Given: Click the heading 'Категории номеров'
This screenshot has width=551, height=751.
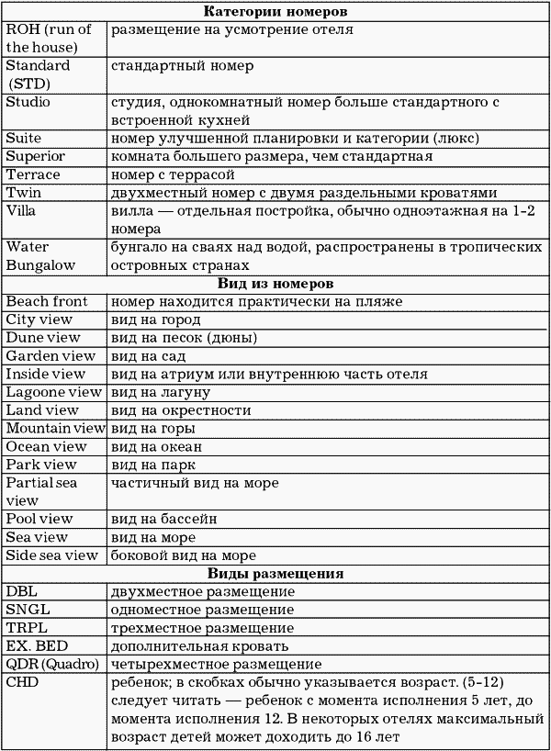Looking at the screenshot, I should [x=275, y=12].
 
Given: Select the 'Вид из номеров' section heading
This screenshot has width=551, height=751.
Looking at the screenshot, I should [x=275, y=284].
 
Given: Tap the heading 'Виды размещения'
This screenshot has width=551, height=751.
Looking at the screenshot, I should [x=275, y=574].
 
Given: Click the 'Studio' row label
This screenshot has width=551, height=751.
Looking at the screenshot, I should [x=28, y=102].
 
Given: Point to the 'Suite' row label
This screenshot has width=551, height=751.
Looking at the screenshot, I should [x=24, y=138].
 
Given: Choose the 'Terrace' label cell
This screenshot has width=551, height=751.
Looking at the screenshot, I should [x=33, y=174].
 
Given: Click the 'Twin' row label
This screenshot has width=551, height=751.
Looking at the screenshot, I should [x=23, y=192].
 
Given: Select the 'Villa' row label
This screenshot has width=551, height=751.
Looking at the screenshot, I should [x=23, y=209].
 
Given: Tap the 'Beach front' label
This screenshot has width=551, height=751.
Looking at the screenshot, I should [x=47, y=301].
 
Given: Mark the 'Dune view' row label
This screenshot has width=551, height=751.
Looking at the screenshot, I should [x=44, y=338].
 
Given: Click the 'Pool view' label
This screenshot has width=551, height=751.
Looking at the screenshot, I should [x=39, y=519].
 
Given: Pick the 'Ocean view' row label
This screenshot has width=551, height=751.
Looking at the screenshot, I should [x=46, y=446].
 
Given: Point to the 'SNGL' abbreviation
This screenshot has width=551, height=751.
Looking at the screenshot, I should [x=29, y=610].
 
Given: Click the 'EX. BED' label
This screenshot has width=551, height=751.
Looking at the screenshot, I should [x=38, y=645].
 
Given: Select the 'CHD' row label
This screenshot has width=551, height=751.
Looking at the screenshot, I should [x=22, y=683].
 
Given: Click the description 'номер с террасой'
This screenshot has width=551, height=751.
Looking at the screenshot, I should [x=172, y=174].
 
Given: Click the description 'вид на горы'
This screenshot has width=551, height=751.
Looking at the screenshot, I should [x=152, y=428].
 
